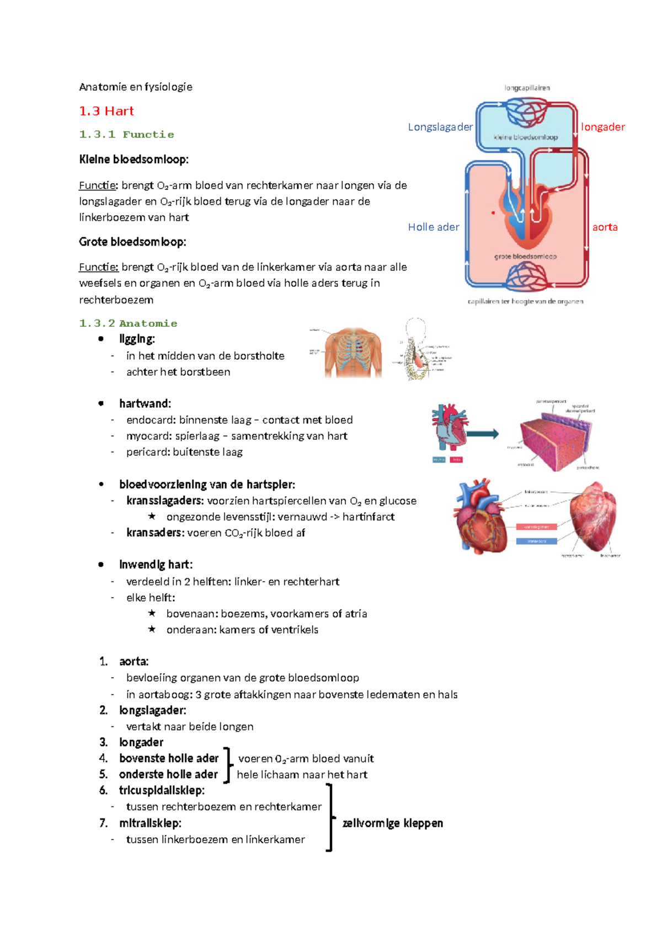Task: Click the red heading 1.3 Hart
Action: [x=106, y=111]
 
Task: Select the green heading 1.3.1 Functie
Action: [x=126, y=135]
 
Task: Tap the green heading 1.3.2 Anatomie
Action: [x=128, y=323]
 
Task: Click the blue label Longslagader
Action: [x=440, y=127]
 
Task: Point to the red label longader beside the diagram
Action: [x=602, y=127]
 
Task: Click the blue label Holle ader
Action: [x=433, y=227]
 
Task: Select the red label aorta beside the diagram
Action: [x=605, y=227]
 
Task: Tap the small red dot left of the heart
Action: [x=493, y=212]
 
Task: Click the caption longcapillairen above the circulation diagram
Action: [x=527, y=88]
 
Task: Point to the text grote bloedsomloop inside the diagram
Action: [x=525, y=256]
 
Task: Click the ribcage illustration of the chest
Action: [x=353, y=352]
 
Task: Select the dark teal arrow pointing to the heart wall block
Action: [x=482, y=434]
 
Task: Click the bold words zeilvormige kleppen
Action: [x=392, y=823]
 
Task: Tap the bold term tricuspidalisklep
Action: [x=161, y=790]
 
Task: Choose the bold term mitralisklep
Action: [x=150, y=823]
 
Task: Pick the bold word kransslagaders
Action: [x=164, y=501]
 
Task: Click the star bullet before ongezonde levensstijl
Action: [x=152, y=517]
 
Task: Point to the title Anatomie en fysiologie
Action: [x=136, y=87]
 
